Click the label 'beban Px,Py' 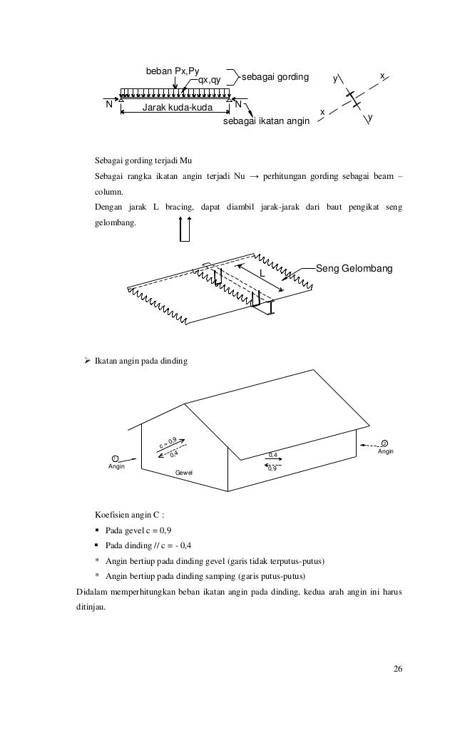click(172, 71)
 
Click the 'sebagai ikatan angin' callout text click(266, 122)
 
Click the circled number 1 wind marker click(114, 458)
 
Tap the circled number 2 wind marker click(384, 443)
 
